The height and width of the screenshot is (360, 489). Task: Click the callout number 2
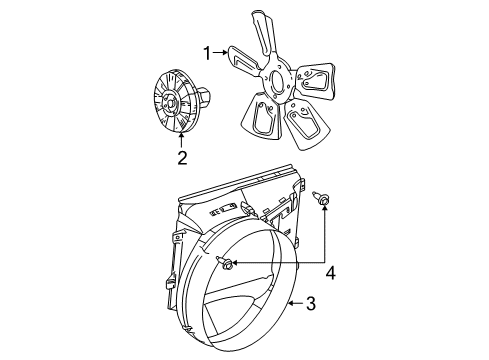point(181,157)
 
